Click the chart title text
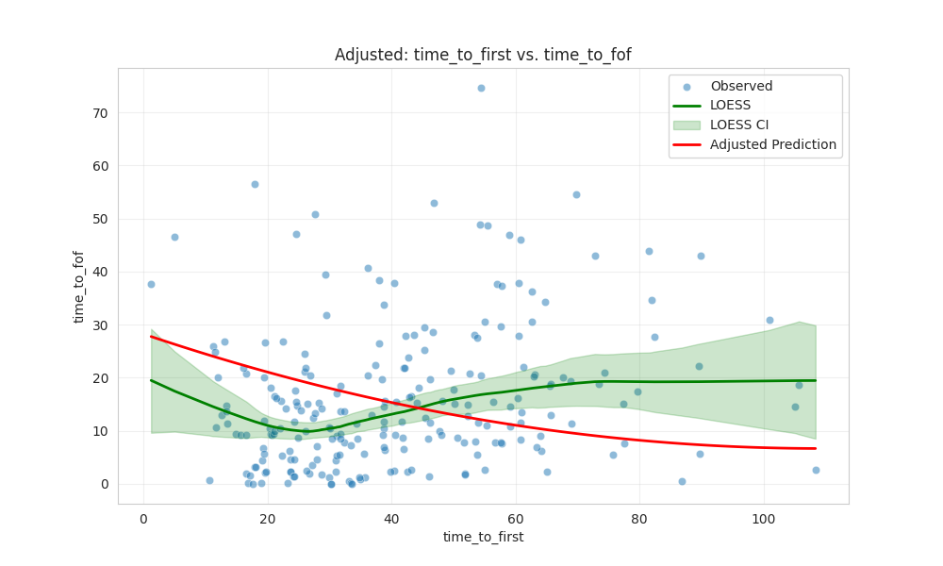pos(483,55)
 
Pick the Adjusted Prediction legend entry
pos(773,144)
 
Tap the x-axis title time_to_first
pos(483,537)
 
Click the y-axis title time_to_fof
pos(79,286)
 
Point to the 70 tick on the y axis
pos(99,112)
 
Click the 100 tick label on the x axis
pos(764,518)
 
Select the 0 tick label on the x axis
pos(143,518)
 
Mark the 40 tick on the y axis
pos(99,272)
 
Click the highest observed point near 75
pos(481,88)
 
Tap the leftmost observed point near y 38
pos(151,284)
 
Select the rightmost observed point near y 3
pos(816,470)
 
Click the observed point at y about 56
pos(255,184)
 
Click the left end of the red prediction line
pos(151,337)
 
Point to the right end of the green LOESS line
pos(816,380)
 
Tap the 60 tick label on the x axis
pos(516,518)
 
